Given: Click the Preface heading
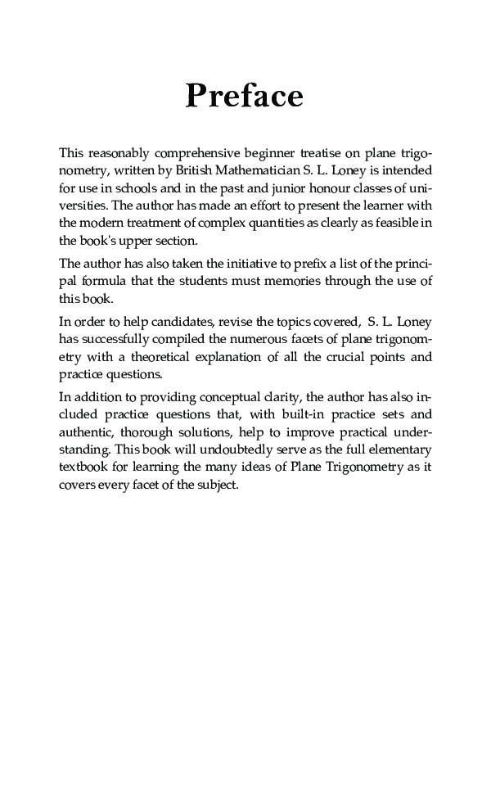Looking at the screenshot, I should tap(245, 97).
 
